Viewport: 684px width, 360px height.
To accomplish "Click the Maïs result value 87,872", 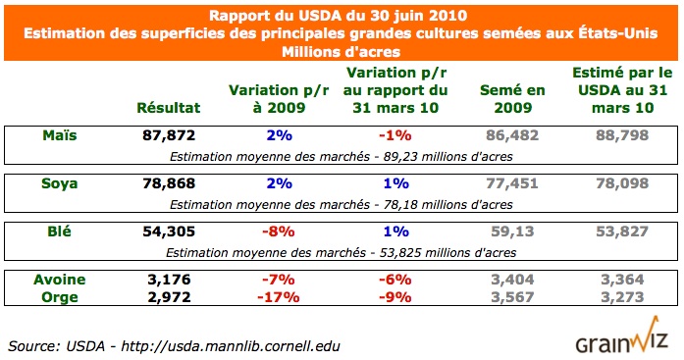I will [x=169, y=135].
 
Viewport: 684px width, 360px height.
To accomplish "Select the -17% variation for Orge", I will [x=275, y=295].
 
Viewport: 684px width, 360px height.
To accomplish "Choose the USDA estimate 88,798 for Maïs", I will [x=620, y=135].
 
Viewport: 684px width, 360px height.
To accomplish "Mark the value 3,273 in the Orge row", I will [x=620, y=295].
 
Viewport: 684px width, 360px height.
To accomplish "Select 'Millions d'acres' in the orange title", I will [x=342, y=51].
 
